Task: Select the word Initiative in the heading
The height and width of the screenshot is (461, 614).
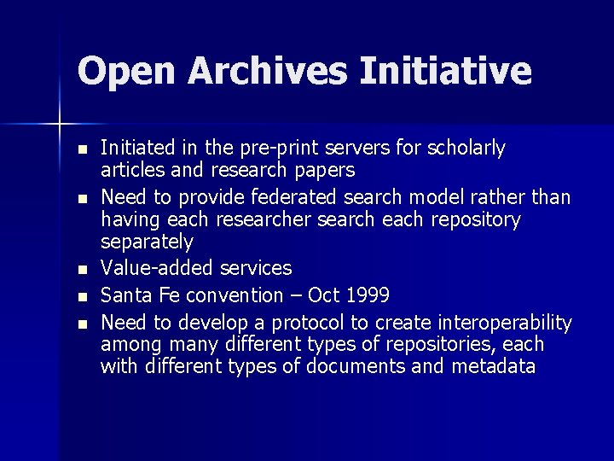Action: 445,70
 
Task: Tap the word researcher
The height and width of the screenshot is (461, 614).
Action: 264,220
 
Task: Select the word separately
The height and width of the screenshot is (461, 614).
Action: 147,243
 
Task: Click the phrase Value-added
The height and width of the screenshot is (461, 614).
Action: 157,268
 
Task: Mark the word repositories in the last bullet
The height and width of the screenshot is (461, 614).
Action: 440,345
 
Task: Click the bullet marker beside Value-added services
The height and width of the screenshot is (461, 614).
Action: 81,270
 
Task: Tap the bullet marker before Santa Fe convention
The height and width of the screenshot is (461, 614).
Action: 81,297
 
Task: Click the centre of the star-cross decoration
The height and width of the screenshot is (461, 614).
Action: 60,125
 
